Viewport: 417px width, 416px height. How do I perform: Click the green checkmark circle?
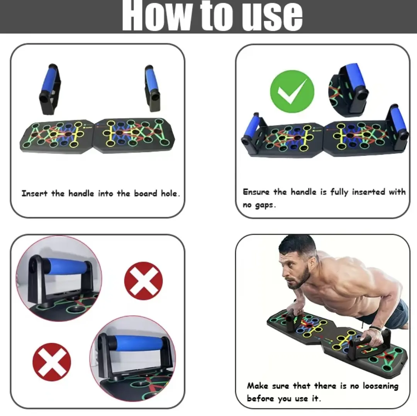pyautogui.click(x=292, y=91)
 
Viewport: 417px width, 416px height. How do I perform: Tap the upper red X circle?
pyautogui.click(x=143, y=281)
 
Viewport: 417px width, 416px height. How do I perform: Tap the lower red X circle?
pyautogui.click(x=52, y=362)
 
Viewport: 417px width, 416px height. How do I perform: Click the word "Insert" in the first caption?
pyautogui.click(x=34, y=193)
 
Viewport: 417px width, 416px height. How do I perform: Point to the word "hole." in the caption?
pyautogui.click(x=170, y=193)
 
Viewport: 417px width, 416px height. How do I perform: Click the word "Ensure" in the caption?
pyautogui.click(x=256, y=192)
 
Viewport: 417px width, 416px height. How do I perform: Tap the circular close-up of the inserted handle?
pyautogui.click(x=349, y=90)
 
